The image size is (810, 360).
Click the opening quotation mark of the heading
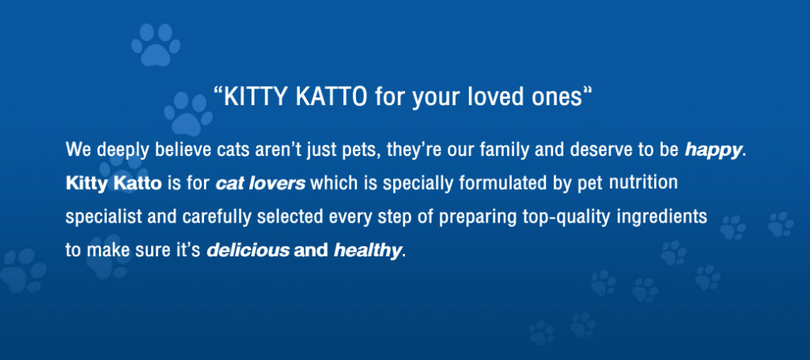point(218,90)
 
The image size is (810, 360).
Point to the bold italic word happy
point(713,151)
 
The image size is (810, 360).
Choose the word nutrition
point(643,182)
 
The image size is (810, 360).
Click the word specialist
point(104,218)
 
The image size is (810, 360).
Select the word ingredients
point(662,218)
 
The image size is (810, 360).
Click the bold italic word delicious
point(248,251)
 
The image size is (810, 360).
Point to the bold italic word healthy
point(367,251)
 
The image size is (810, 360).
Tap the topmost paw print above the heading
point(156,45)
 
